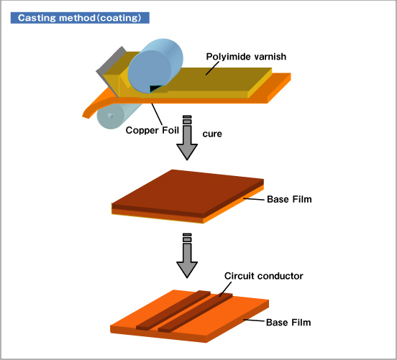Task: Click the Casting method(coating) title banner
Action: click(80, 18)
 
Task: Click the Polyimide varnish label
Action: click(246, 57)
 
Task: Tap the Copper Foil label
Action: click(152, 130)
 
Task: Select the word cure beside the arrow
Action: click(212, 134)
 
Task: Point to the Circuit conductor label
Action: click(263, 276)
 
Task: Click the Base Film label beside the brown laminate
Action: click(289, 199)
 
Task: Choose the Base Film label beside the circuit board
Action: click(288, 323)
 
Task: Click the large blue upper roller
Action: click(155, 66)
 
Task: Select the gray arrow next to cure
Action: click(187, 138)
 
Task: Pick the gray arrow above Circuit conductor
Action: click(187, 256)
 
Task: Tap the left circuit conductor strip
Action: click(173, 310)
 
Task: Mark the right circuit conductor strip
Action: click(196, 313)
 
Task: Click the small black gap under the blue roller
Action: click(155, 88)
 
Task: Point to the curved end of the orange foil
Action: click(87, 113)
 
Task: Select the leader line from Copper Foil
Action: click(157, 114)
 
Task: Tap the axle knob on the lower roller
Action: click(110, 116)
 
